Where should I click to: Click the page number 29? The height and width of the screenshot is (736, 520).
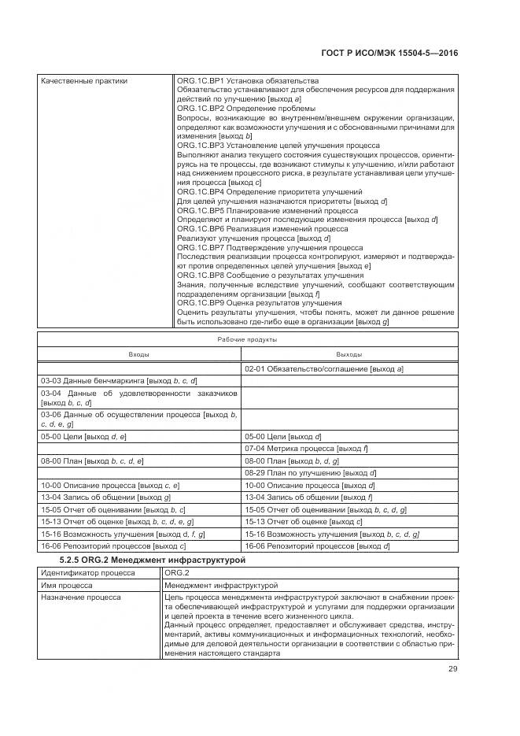(x=452, y=669)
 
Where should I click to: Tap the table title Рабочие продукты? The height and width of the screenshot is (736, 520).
(x=247, y=340)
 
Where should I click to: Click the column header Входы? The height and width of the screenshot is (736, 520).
(x=139, y=355)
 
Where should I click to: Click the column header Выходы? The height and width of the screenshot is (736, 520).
(x=349, y=355)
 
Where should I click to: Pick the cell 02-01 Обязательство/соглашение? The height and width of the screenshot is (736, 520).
(x=324, y=368)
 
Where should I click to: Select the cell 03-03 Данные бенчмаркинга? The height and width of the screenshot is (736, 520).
(x=119, y=380)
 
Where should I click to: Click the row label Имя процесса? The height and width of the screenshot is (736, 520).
(x=67, y=585)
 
